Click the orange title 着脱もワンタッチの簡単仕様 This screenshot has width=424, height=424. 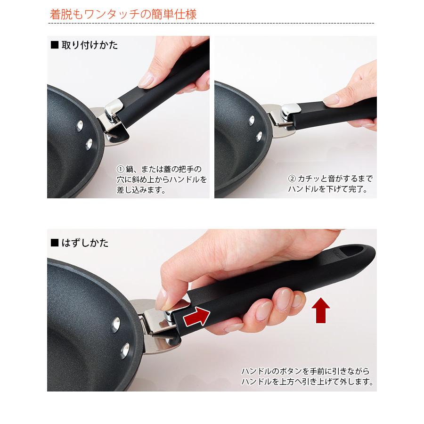pos(123,14)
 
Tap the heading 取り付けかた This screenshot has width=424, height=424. pos(90,45)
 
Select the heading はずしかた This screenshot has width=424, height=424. pos(85,243)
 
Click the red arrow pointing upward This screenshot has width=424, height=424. pos(321,310)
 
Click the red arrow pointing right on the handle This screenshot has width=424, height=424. pos(196,317)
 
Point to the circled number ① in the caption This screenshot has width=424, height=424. pos(120,169)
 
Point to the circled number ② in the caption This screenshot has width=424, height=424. pos(292,179)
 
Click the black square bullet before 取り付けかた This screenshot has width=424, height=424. pos(55,45)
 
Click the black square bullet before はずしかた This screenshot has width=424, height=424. pos(55,243)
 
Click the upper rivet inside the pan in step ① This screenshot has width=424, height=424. pos(80,126)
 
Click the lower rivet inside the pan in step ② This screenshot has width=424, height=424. pos(259,136)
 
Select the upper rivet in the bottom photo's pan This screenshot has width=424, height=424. pos(116,325)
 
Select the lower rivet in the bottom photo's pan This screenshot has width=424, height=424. pos(125,351)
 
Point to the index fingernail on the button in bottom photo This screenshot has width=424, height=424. pos(162,299)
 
